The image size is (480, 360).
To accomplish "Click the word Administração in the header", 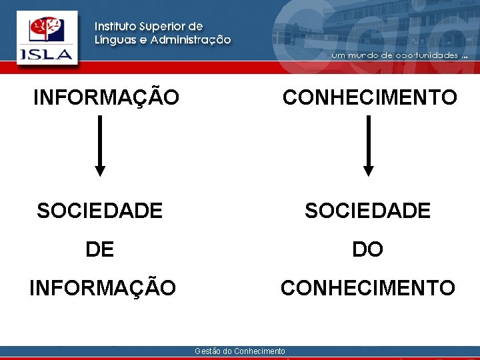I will click(191, 40).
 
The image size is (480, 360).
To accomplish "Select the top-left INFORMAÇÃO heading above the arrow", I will click(107, 98).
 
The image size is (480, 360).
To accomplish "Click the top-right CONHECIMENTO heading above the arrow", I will click(370, 98).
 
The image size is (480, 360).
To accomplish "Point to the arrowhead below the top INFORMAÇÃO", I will click(100, 171).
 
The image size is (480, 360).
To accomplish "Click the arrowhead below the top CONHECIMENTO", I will click(369, 171).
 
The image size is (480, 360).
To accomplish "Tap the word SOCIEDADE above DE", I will click(100, 211).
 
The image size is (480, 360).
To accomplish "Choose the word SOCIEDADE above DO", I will click(368, 211).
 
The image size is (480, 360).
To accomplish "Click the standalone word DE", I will click(100, 250).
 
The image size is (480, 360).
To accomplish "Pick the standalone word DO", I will click(368, 250).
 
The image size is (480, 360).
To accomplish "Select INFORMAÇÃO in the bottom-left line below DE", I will click(103, 289).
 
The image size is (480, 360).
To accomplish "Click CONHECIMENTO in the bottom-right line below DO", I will click(368, 289).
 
